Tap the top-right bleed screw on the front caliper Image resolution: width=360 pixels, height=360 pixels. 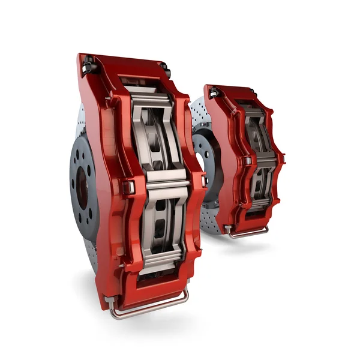click(164, 69)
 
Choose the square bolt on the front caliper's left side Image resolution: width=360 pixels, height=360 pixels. click(128, 187)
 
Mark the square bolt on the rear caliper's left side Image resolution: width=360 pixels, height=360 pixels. click(247, 161)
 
